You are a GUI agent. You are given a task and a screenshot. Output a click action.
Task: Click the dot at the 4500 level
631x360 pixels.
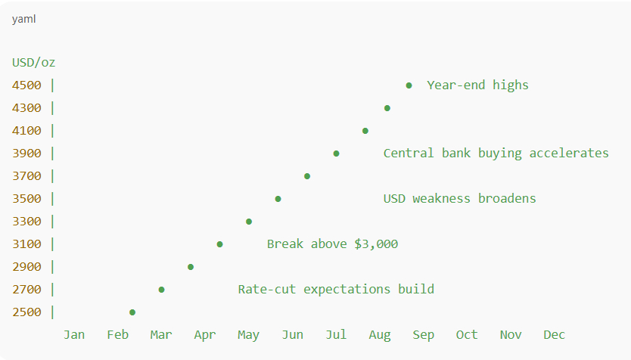[x=409, y=85]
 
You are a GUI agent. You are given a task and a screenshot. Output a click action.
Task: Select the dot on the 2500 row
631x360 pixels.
[x=132, y=312]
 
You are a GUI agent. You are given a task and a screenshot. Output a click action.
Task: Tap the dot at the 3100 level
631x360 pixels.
[x=219, y=244]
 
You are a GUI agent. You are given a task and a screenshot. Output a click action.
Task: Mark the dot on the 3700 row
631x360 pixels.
[x=307, y=176]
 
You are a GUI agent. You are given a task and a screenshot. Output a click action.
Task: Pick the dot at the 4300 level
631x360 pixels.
[x=387, y=108]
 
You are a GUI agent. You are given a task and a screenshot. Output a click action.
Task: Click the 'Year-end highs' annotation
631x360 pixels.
[x=477, y=85]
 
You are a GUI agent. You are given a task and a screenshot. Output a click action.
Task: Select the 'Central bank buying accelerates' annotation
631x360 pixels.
[x=496, y=154]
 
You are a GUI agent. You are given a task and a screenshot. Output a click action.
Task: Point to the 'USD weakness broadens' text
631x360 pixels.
[x=459, y=199]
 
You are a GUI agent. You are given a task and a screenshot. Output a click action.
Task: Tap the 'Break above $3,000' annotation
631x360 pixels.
[x=332, y=244]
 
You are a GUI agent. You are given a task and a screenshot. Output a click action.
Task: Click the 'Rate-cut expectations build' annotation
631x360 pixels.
[x=336, y=290]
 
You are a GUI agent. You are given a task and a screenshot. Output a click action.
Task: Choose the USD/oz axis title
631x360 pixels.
[x=34, y=63]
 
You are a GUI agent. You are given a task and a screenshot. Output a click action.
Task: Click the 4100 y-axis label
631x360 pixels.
[x=26, y=131]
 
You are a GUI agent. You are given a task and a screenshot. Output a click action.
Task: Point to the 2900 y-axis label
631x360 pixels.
[x=26, y=267]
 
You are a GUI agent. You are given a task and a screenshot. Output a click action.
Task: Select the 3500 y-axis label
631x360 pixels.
[x=26, y=199]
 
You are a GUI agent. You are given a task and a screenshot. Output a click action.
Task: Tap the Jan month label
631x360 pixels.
[x=74, y=334]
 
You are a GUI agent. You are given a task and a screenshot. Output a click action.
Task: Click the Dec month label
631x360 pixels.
[x=554, y=334]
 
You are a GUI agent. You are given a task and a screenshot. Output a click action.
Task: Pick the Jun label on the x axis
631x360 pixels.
[x=293, y=334]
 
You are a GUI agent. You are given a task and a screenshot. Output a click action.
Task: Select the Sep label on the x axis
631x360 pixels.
[x=424, y=335]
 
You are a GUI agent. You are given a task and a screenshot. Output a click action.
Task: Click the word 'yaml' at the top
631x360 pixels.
[x=23, y=20]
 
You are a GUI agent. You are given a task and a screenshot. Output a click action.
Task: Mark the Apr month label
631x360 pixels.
[x=205, y=335]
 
